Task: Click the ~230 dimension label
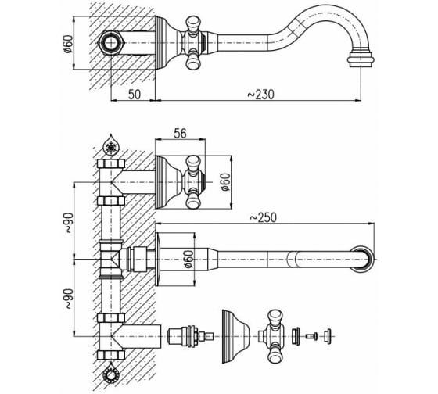point(261,95)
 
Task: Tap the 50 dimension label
point(135,95)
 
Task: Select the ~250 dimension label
point(263,217)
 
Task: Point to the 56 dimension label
point(180,134)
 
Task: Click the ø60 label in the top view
point(69,44)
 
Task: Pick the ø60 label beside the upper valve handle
point(225,182)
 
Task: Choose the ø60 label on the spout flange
point(188,259)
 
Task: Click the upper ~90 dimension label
point(69,224)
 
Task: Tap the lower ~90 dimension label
point(69,299)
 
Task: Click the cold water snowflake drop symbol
point(111,145)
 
